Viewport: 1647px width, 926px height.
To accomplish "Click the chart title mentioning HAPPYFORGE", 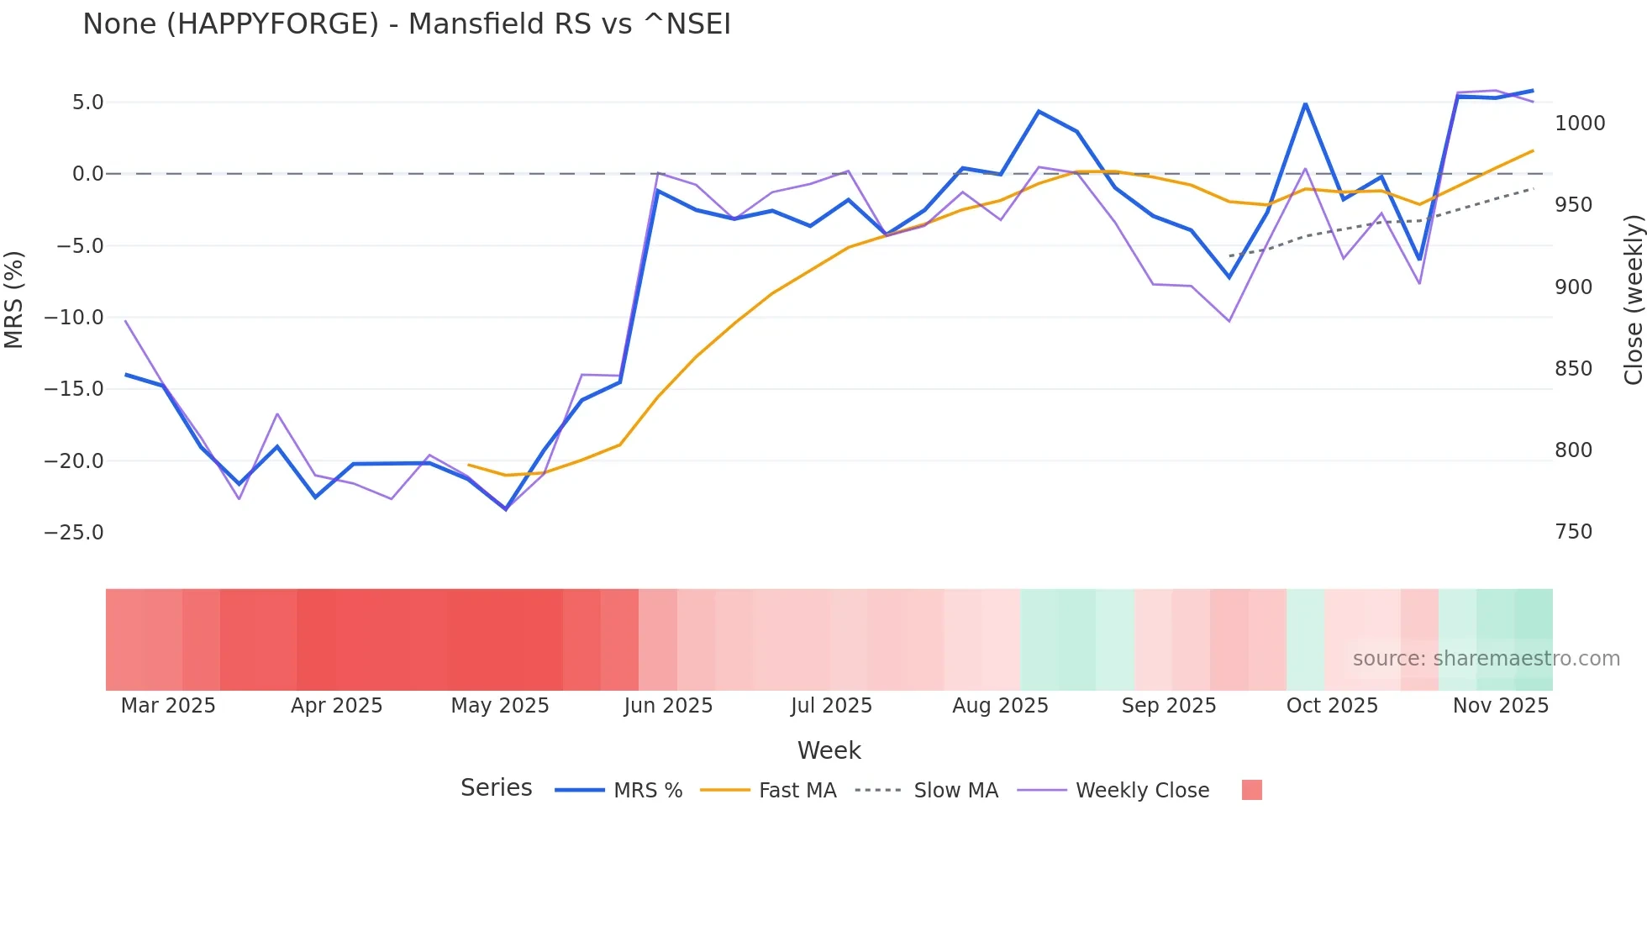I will point(407,24).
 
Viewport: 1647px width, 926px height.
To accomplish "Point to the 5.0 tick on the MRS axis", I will point(87,103).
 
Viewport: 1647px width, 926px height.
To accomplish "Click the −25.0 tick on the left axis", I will point(74,533).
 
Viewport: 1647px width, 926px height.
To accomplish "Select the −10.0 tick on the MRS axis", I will point(74,318).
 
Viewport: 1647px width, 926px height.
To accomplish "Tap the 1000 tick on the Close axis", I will point(1580,124).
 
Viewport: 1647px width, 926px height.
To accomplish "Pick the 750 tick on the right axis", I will point(1573,532).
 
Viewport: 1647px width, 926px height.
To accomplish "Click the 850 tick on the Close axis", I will point(1573,369).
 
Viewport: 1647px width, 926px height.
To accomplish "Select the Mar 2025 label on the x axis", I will point(168,706).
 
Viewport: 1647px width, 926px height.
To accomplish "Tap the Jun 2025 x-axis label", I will point(668,706).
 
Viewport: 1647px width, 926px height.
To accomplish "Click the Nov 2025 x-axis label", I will point(1501,706).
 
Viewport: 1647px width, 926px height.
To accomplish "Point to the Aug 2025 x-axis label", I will point(1000,706).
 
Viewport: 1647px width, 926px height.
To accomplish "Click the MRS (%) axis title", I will point(14,299).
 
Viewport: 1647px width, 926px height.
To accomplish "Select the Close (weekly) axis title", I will point(1633,299).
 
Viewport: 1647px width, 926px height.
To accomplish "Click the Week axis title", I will point(829,750).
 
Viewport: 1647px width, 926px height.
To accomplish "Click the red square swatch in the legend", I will point(1252,790).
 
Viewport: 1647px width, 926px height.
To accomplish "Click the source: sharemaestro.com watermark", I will point(1486,659).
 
